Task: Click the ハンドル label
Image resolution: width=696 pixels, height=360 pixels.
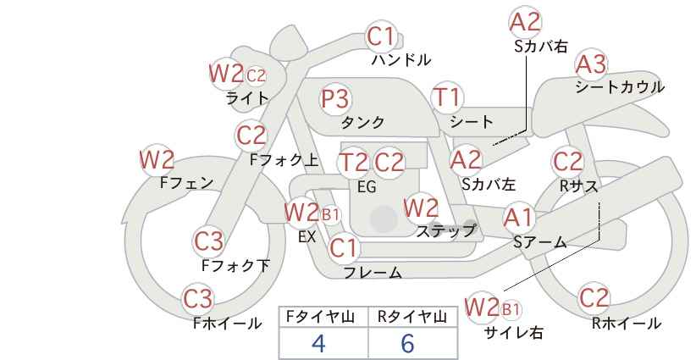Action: pyautogui.click(x=401, y=60)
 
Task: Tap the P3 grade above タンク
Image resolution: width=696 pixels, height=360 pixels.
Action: pyautogui.click(x=334, y=99)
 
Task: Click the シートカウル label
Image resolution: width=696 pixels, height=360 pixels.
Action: pyautogui.click(x=619, y=87)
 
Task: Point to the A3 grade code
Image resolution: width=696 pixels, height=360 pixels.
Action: pyautogui.click(x=590, y=64)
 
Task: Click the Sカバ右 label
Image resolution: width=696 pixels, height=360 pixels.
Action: pyautogui.click(x=540, y=47)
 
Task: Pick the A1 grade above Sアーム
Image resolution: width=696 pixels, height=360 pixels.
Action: pyautogui.click(x=518, y=218)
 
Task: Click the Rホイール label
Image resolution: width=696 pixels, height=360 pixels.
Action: pyautogui.click(x=626, y=323)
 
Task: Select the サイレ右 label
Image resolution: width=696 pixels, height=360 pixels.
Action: pyautogui.click(x=513, y=333)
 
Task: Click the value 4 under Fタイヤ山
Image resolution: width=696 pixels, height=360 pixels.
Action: pyautogui.click(x=318, y=343)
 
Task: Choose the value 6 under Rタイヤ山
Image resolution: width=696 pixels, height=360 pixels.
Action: pyautogui.click(x=407, y=343)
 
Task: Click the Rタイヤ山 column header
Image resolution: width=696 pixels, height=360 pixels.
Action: pyautogui.click(x=412, y=317)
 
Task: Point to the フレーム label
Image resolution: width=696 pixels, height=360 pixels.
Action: pyautogui.click(x=373, y=273)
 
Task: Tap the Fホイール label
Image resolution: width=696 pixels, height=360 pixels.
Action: pyautogui.click(x=227, y=323)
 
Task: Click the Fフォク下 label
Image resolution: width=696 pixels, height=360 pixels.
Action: pyautogui.click(x=235, y=265)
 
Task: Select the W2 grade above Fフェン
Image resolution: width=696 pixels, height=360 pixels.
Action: pyautogui.click(x=157, y=159)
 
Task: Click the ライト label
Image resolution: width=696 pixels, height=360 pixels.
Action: pyautogui.click(x=247, y=98)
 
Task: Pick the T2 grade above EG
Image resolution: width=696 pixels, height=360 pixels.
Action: pyautogui.click(x=352, y=162)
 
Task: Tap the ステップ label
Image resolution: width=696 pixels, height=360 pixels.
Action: pyautogui.click(x=446, y=230)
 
